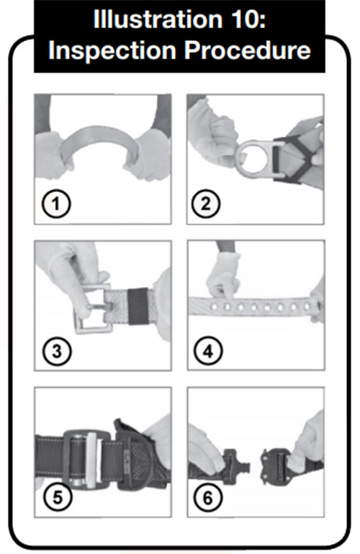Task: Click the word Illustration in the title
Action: [155, 19]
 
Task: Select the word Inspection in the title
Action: [112, 50]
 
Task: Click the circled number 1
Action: [56, 204]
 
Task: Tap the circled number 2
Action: [206, 204]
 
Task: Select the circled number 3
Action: [57, 351]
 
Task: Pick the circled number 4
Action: [208, 351]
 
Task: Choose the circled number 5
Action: [58, 497]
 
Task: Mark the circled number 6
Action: [208, 497]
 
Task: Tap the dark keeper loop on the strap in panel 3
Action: [138, 306]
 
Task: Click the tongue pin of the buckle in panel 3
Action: [99, 306]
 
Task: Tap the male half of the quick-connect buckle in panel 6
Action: [236, 466]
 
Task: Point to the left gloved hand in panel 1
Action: [53, 154]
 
